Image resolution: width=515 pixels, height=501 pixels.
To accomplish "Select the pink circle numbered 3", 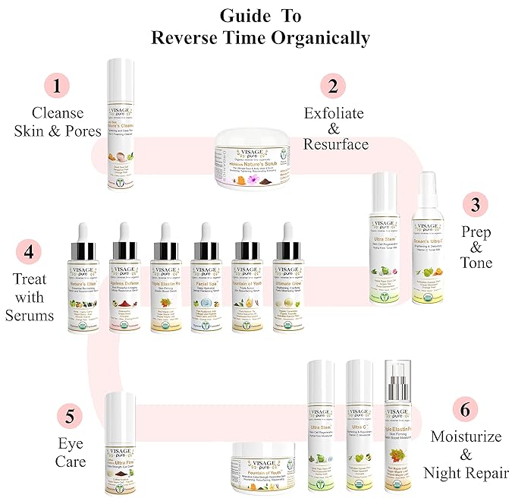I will tap(476, 205).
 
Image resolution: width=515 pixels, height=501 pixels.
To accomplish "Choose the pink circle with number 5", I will tap(70, 416).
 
